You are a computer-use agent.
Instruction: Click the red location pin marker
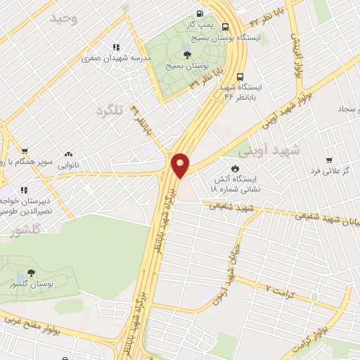[181, 165]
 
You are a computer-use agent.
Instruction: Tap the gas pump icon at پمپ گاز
[201, 13]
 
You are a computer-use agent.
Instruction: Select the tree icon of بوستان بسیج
[186, 54]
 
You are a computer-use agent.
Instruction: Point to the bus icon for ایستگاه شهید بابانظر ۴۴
[241, 77]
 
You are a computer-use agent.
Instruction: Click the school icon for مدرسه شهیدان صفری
[115, 48]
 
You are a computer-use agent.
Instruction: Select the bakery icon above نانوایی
[68, 154]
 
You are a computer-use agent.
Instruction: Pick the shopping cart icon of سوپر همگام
[25, 150]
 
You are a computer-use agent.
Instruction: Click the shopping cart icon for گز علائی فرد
[328, 161]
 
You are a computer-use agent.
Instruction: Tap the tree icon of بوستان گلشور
[31, 273]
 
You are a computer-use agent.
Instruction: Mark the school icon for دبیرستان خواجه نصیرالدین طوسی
[24, 189]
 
